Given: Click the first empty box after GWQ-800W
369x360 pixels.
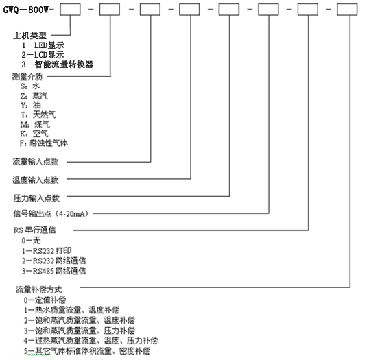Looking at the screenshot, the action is pyautogui.click(x=70, y=10).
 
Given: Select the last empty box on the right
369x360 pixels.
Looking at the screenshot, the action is pyautogui.click(x=347, y=10).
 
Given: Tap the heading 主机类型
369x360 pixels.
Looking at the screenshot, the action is pyautogui.click(x=30, y=36).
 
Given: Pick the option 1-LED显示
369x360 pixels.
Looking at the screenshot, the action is pyautogui.click(x=43, y=45).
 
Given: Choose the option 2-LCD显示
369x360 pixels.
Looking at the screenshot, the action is pyautogui.click(x=43, y=55).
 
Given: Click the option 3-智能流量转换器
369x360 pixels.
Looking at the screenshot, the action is pyautogui.click(x=58, y=64).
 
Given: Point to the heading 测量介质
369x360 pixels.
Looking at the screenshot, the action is pyautogui.click(x=27, y=77).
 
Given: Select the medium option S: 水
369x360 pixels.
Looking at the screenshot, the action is pyautogui.click(x=30, y=86).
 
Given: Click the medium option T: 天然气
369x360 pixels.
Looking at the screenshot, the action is pyautogui.click(x=38, y=115).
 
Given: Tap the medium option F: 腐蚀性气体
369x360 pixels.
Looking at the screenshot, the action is pyautogui.click(x=44, y=143).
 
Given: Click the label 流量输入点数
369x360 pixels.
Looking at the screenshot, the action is pyautogui.click(x=36, y=162).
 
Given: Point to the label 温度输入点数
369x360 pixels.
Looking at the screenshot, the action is pyautogui.click(x=36, y=180).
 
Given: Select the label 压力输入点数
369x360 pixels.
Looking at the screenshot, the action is pyautogui.click(x=36, y=198).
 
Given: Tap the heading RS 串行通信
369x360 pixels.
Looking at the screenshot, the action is pyautogui.click(x=35, y=230).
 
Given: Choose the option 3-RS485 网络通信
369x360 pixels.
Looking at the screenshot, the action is pyautogui.click(x=54, y=271).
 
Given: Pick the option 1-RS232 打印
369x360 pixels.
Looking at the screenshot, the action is pyautogui.click(x=47, y=250).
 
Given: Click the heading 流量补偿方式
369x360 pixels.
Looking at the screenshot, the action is pyautogui.click(x=39, y=289).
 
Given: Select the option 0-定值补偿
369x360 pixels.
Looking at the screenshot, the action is pyautogui.click(x=45, y=300).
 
